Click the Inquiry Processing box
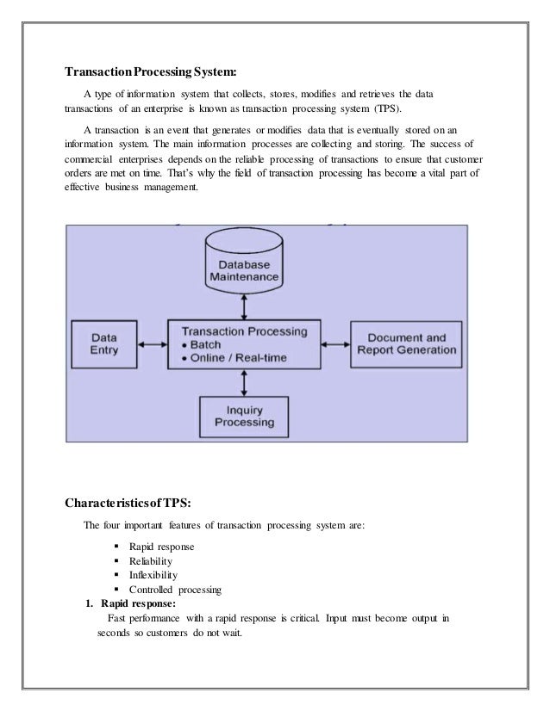[245, 416]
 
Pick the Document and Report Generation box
[406, 344]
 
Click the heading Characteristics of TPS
[134, 502]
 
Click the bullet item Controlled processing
[175, 590]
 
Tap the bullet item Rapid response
[161, 547]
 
